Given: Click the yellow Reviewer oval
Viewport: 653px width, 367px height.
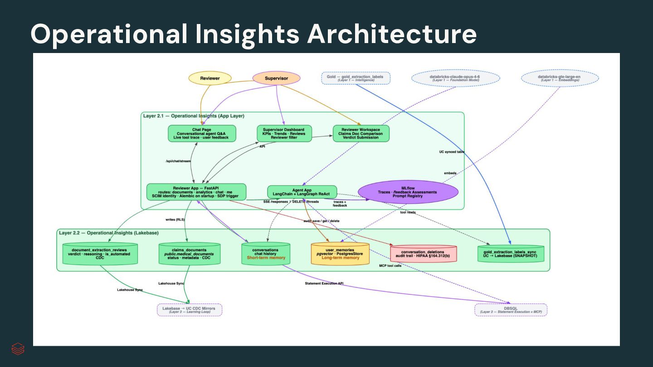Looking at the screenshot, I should pos(210,78).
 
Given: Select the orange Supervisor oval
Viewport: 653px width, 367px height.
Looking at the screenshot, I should pos(276,78).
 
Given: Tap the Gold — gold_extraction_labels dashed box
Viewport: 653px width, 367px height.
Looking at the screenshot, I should pos(355,78).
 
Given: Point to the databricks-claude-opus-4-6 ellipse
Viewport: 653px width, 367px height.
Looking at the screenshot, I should pos(455,78).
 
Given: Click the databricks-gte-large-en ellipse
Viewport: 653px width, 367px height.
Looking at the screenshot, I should pos(560,78).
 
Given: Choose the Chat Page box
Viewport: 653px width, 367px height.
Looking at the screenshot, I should pos(202,134).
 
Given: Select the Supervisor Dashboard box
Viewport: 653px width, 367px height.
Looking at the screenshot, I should pos(284,134).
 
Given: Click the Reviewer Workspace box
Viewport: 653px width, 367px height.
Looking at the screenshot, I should pos(361,134).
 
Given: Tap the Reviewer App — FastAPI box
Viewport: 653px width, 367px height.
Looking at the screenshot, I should pos(196,192).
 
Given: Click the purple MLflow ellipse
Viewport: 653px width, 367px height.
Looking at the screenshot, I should pos(408,192).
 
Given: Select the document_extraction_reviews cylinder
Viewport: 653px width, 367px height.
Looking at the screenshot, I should pos(100,254).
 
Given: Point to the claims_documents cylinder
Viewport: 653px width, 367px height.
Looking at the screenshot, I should pos(190,254).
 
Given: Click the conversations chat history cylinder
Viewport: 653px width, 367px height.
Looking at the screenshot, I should pos(266,254).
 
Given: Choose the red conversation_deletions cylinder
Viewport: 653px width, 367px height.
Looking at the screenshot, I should pos(423,254).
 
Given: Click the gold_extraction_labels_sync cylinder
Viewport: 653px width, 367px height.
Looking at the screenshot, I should pos(510,254).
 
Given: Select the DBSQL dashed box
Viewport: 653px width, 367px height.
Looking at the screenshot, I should pos(511,310).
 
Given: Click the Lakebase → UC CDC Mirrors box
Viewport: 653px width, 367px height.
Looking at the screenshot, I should pos(189,310).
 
